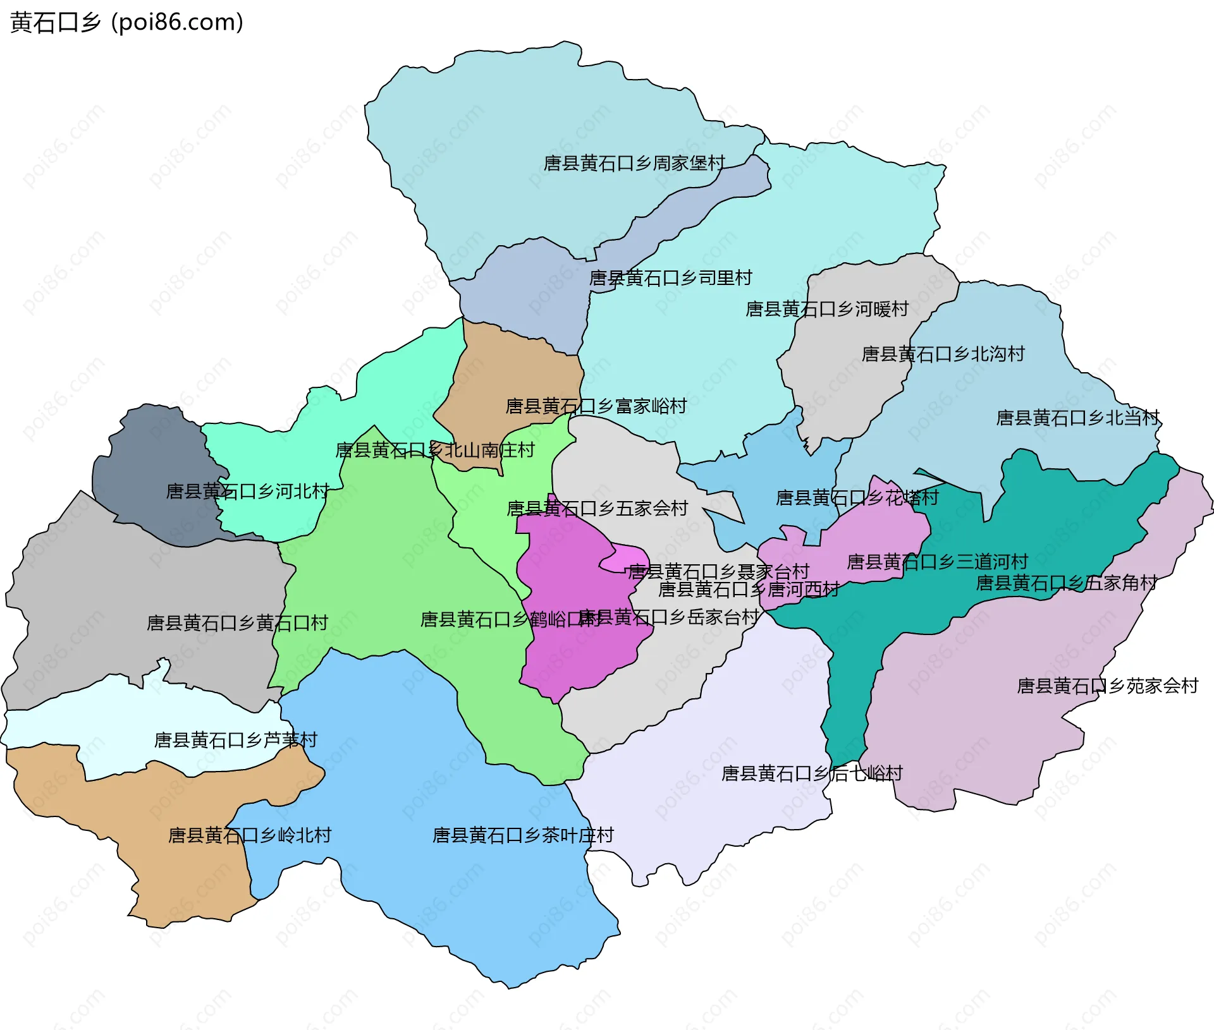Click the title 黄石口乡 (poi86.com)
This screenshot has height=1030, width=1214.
click(x=126, y=23)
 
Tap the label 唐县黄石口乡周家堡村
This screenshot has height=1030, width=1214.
click(x=634, y=164)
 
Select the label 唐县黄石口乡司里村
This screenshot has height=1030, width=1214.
click(x=670, y=278)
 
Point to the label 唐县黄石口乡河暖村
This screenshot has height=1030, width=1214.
click(x=827, y=309)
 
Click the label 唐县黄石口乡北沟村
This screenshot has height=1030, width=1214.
click(x=943, y=354)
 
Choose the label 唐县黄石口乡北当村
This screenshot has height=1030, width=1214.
click(x=1077, y=418)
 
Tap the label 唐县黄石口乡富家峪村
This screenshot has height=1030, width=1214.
click(x=596, y=406)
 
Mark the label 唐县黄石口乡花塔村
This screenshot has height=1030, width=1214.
click(x=857, y=498)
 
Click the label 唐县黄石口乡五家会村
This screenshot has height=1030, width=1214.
click(x=597, y=509)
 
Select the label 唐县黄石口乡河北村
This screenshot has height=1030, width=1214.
click(x=247, y=492)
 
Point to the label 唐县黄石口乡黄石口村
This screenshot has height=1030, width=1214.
click(x=237, y=624)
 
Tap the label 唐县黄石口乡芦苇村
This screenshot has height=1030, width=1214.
click(x=235, y=740)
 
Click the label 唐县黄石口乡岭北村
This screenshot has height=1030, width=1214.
click(x=250, y=835)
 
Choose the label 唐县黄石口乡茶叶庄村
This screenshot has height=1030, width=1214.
click(x=523, y=835)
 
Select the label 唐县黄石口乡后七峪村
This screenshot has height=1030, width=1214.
click(x=812, y=773)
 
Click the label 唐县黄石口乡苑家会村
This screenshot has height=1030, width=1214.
click(x=1107, y=686)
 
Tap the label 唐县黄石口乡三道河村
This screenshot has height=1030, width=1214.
click(x=937, y=562)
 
